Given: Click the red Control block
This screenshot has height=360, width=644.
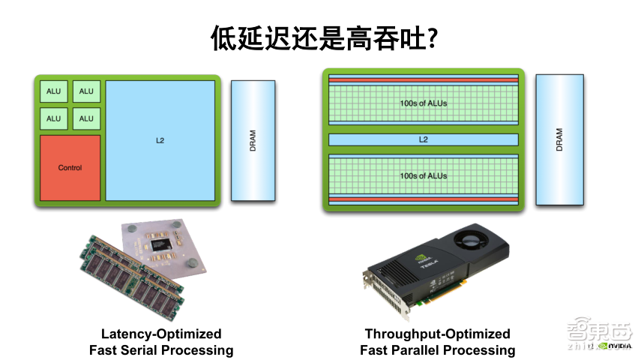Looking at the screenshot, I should pyautogui.click(x=70, y=168).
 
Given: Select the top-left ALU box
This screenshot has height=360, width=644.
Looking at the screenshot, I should pyautogui.click(x=54, y=91).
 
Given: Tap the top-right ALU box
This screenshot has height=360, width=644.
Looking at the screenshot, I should pyautogui.click(x=86, y=91).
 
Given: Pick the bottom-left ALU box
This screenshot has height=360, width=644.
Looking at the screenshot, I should pyautogui.click(x=54, y=118).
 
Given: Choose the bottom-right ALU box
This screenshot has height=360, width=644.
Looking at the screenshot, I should pyautogui.click(x=86, y=118).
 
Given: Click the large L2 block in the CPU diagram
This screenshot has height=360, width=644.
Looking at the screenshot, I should pyautogui.click(x=160, y=140).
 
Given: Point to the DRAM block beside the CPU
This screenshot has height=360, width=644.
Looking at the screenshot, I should pyautogui.click(x=253, y=140).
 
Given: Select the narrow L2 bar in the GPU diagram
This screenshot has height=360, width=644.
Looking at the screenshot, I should pyautogui.click(x=423, y=139).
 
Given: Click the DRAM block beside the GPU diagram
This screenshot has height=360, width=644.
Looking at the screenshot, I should pyautogui.click(x=559, y=140).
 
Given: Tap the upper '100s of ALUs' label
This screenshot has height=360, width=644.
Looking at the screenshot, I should pyautogui.click(x=423, y=103).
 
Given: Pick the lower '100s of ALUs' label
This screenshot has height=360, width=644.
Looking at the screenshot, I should pyautogui.click(x=423, y=175).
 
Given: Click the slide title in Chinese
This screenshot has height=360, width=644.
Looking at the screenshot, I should pyautogui.click(x=322, y=38).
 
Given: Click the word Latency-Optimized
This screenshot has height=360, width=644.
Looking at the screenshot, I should pyautogui.click(x=161, y=334).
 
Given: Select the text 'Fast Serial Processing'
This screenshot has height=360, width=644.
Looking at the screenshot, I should pyautogui.click(x=161, y=350).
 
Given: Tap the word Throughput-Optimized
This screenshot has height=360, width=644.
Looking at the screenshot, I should pyautogui.click(x=437, y=334).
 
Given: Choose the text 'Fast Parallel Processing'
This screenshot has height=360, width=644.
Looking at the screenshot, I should pyautogui.click(x=437, y=350).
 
